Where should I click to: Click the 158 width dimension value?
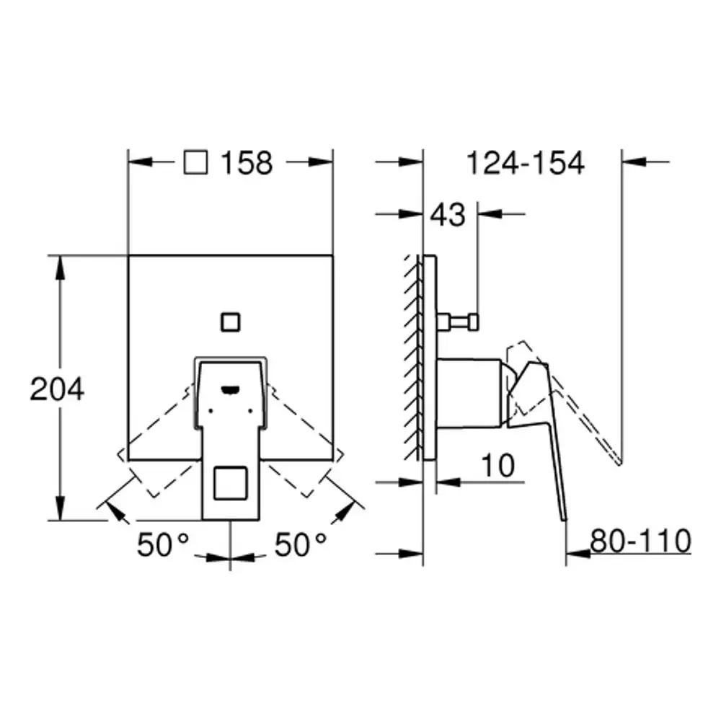pos(247,163)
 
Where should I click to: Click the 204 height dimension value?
pos(57,389)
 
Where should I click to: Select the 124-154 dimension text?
pos(525,163)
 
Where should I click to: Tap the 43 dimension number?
pos(448,215)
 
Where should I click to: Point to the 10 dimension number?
pos(498,466)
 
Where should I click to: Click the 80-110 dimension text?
pos(640,541)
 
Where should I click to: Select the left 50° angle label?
pos(163,545)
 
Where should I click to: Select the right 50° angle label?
pos(300,545)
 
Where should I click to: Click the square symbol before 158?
pos(195,162)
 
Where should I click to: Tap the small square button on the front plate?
pos(231,322)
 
